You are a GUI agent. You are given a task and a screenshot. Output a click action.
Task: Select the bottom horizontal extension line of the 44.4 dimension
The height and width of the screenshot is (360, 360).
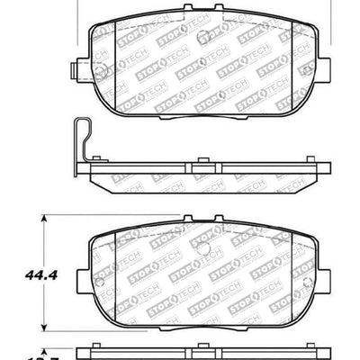67,323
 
